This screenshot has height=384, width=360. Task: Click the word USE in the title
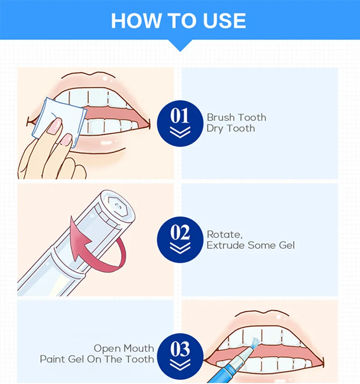[x=224, y=21]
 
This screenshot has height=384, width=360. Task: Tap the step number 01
[x=180, y=116]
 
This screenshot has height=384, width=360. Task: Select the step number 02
[x=180, y=232]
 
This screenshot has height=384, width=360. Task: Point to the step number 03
[x=180, y=348]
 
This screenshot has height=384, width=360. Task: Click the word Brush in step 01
[x=221, y=117]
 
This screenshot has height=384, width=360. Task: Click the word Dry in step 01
[x=215, y=129]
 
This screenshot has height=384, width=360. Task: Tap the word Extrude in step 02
[x=225, y=245]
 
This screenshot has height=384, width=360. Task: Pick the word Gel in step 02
[x=287, y=245]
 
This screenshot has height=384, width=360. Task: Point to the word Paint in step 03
[x=53, y=359]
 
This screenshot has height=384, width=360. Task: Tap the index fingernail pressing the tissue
[x=55, y=125]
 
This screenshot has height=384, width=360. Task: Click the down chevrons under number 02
[x=180, y=248]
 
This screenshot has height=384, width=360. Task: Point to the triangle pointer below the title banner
[x=180, y=46]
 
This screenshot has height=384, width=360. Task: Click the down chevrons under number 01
[x=180, y=132]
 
